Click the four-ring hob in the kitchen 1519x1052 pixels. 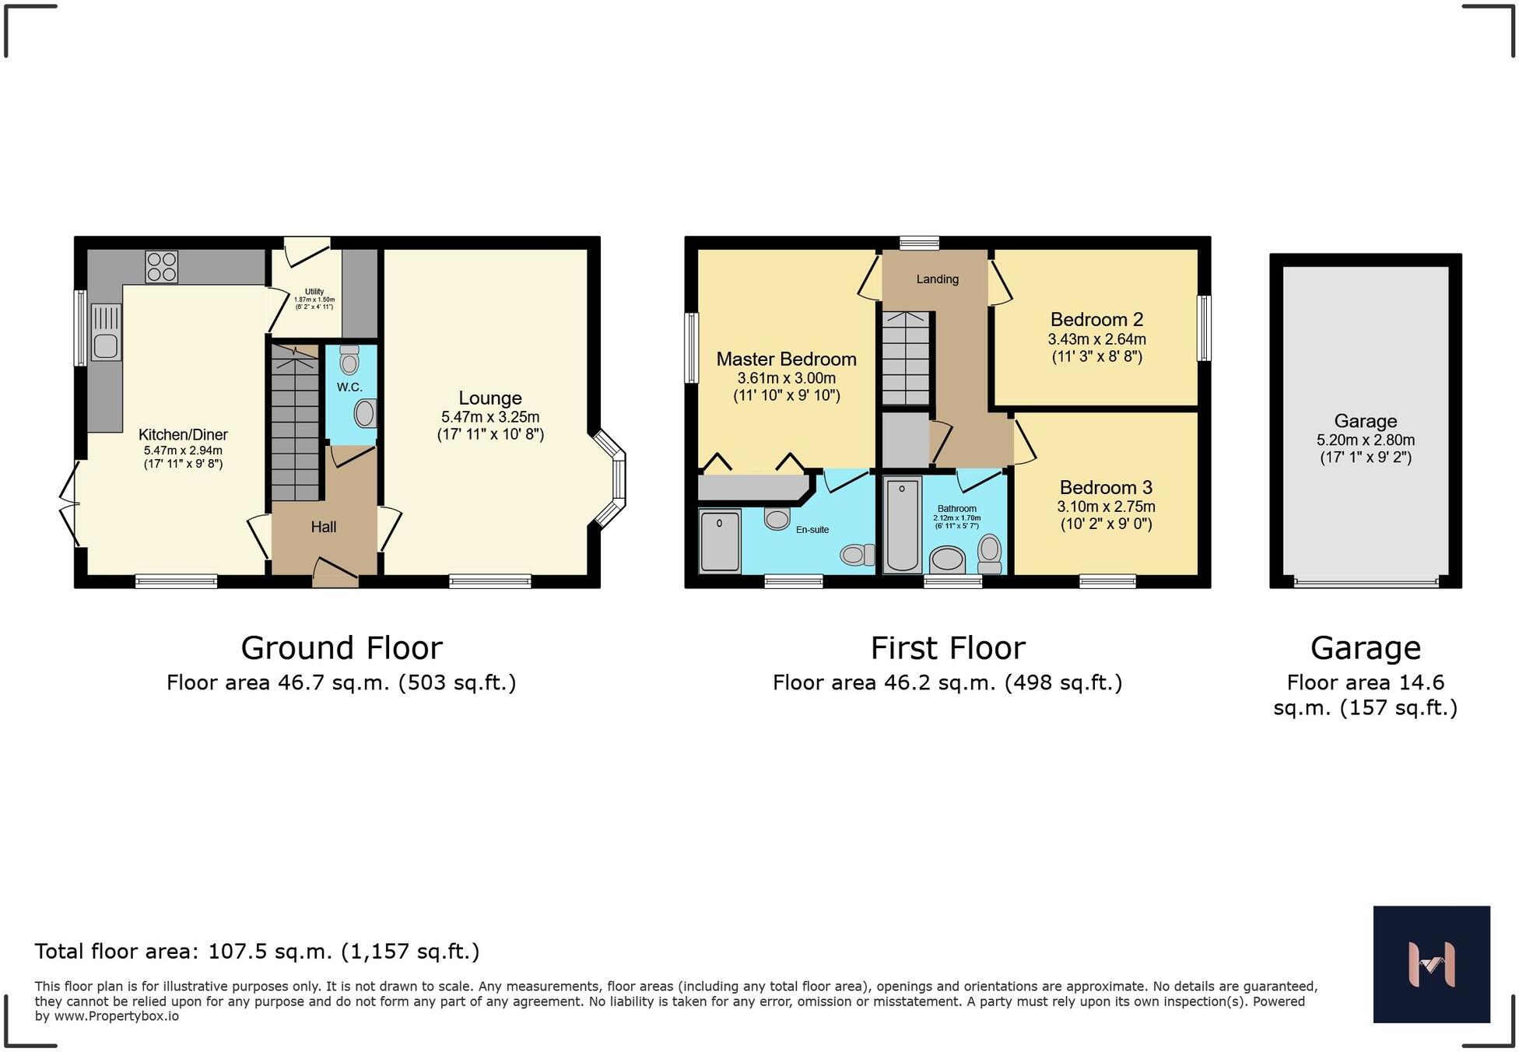161,266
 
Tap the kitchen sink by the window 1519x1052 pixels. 106,332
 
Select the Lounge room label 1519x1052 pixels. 490,398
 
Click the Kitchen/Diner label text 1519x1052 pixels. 183,435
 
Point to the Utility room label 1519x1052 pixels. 314,292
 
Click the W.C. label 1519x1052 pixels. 349,387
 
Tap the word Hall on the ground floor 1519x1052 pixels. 324,527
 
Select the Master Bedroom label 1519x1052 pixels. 786,359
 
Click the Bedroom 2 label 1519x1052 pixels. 1096,319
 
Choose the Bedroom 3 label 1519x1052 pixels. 1106,487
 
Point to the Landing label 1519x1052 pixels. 937,279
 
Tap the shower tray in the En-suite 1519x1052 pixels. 720,541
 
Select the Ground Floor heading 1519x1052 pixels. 342,647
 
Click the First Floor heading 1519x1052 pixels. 948,647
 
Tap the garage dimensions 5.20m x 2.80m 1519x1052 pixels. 1366,440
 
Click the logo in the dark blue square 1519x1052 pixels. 1432,964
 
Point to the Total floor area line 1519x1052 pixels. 257,951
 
